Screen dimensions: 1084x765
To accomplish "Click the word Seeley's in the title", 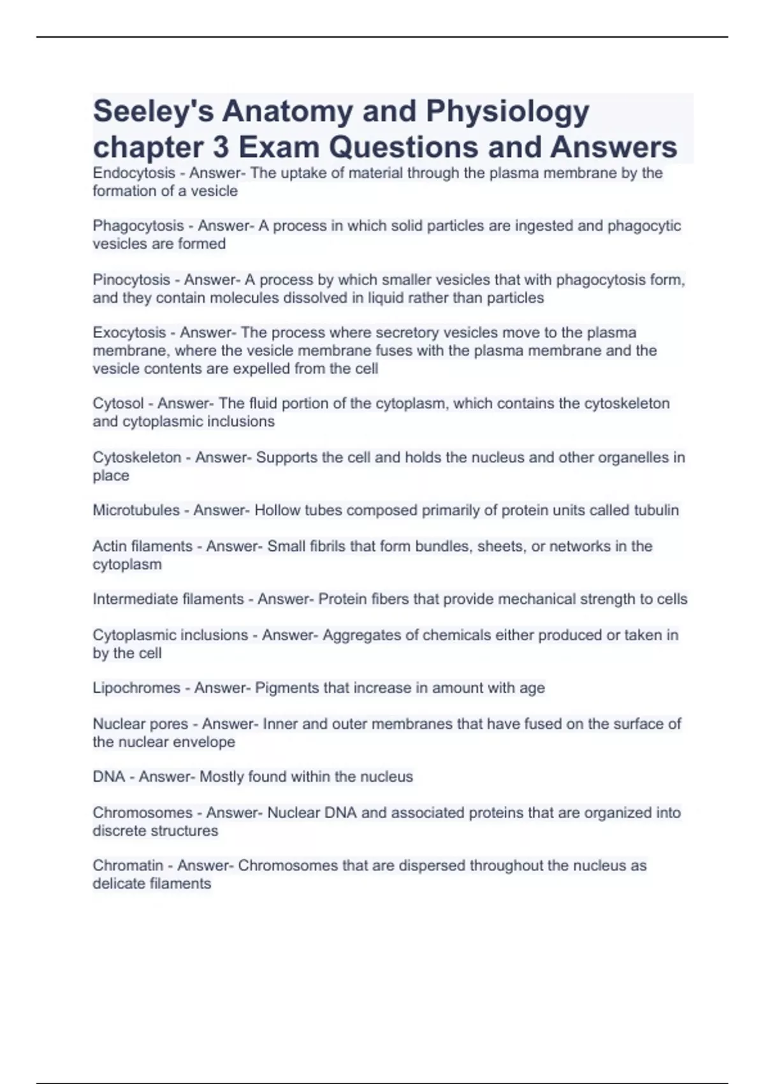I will click(x=152, y=112).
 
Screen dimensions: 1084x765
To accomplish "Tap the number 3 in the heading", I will click(x=221, y=147).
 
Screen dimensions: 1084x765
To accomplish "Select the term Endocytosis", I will click(x=134, y=173).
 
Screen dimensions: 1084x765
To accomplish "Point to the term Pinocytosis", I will click(x=131, y=279).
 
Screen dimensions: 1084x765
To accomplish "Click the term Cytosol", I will click(x=118, y=403).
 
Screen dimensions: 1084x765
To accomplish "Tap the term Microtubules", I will click(x=136, y=510).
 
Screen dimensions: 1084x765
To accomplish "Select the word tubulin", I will click(x=656, y=510).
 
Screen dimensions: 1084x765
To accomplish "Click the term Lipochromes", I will click(x=136, y=688).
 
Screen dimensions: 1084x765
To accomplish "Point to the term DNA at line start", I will click(x=108, y=777).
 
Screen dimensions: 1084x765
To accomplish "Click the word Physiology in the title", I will click(x=507, y=112).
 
